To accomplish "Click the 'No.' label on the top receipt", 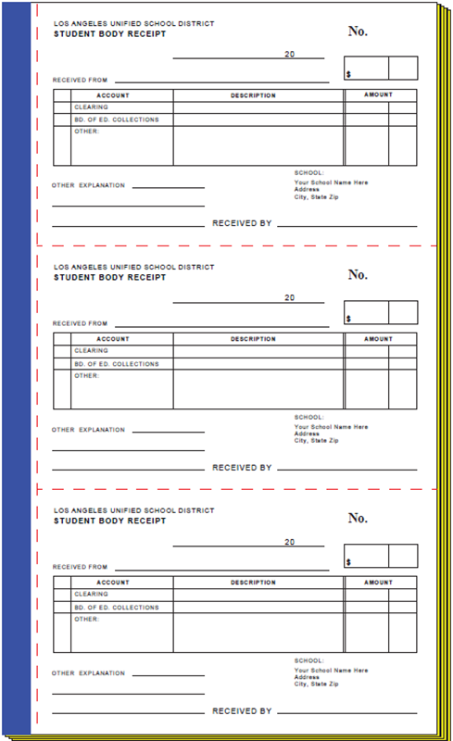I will pos(358,31).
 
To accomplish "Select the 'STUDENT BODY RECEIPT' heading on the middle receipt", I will pos(110,277).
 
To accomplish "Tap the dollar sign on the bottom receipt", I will pos(348,562).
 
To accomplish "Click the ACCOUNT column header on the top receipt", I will pos(113,95).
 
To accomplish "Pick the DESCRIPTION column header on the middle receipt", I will pos(253,339).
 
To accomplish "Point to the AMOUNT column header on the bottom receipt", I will pos(378,583).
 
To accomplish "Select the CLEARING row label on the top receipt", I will pos(91,107).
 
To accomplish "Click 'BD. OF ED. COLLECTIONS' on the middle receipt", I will pos(117,364).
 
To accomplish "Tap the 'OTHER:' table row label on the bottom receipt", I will pos(86,619).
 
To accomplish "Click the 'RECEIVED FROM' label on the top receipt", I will pos(80,81).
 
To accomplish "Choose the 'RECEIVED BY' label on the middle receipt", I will pos(242,468).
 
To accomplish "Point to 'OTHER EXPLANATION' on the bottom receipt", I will pos(88,673).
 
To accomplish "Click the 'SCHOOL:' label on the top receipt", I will pos(309,173).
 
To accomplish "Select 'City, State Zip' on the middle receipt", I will pos(316,441).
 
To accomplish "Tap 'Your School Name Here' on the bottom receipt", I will pos(331,670).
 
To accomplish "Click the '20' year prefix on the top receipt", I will pos(289,54).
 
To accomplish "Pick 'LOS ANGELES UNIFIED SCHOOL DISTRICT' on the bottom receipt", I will pos(133,510).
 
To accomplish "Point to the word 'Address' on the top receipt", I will pos(307,190).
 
